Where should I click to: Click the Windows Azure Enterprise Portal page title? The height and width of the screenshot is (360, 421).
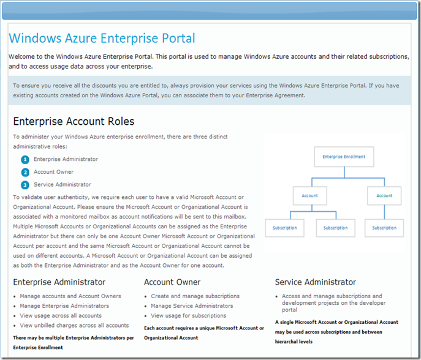(102, 39)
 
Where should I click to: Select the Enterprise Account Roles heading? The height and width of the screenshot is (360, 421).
(74, 121)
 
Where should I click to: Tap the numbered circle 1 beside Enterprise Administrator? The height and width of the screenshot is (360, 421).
(25, 159)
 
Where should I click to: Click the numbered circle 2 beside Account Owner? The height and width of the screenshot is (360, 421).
(25, 172)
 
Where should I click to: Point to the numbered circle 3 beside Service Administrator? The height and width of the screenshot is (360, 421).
(25, 185)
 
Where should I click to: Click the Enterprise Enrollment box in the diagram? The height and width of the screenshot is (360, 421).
(344, 157)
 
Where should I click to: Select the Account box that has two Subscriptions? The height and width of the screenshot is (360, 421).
(310, 196)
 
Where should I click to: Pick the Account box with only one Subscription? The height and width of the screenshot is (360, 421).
(384, 196)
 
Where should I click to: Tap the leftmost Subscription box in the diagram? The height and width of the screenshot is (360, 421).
(284, 228)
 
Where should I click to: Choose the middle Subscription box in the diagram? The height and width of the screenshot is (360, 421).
(335, 228)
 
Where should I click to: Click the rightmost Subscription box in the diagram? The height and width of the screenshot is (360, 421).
(384, 228)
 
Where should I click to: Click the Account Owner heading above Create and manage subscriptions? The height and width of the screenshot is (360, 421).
(172, 282)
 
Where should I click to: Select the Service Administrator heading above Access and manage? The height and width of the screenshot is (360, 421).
(315, 282)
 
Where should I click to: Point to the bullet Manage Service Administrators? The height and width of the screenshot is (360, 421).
(192, 306)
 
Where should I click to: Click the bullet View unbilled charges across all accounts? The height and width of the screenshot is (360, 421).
(74, 326)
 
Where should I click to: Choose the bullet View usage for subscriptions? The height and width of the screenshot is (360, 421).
(188, 316)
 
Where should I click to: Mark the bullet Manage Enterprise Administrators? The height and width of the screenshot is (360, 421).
(64, 306)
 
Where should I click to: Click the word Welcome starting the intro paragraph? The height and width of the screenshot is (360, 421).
(25, 56)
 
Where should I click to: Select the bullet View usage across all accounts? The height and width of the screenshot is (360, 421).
(61, 316)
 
